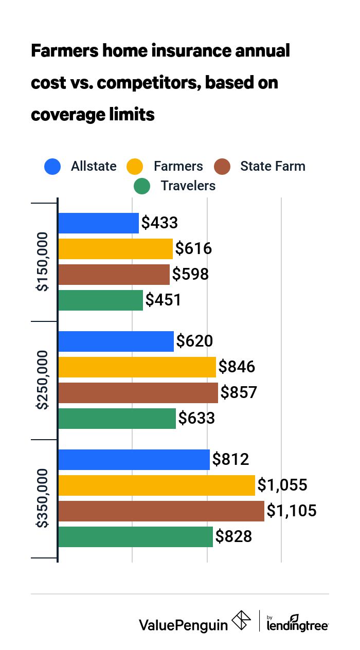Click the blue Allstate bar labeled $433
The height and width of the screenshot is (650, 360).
click(98, 223)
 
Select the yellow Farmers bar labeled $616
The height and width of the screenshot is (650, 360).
click(115, 249)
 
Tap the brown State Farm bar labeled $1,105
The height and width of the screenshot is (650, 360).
click(161, 511)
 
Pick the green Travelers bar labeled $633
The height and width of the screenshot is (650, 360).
click(117, 419)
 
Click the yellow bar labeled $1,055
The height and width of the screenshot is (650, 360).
click(156, 485)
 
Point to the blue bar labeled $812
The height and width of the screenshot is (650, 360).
click(134, 459)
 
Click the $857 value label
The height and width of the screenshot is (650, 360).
click(239, 393)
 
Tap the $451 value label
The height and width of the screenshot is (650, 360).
click(164, 300)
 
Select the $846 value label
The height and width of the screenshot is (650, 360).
click(237, 367)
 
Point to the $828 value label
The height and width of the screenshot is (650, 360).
click(233, 537)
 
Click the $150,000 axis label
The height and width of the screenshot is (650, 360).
click(43, 262)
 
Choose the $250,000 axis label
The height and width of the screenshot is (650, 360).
click(43, 380)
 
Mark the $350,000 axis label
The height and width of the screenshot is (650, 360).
click(43, 498)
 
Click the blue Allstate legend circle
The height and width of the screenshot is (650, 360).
click(52, 167)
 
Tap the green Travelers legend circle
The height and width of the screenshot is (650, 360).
click(141, 186)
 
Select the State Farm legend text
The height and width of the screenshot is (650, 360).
click(273, 167)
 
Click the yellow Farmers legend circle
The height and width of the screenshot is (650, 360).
click(135, 167)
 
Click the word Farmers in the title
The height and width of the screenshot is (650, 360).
click(66, 51)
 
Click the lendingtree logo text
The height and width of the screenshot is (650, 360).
click(298, 625)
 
